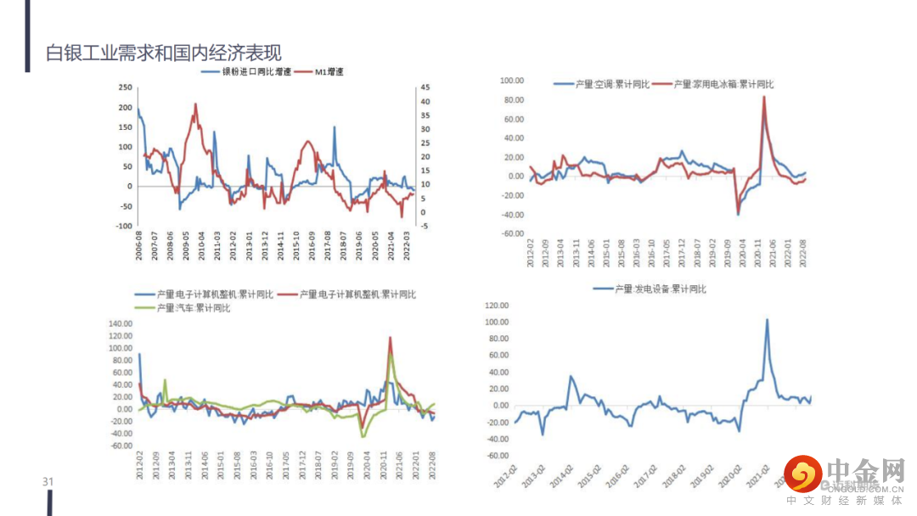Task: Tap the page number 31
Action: tap(48, 482)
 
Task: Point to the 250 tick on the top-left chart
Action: tap(125, 87)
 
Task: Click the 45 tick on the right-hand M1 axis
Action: tap(425, 87)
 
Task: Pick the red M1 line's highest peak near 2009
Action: tap(196, 104)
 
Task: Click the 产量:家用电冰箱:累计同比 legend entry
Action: tap(715, 84)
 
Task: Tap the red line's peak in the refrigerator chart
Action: tap(764, 97)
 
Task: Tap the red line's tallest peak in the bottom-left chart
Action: tap(391, 338)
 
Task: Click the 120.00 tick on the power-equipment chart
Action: tap(495, 306)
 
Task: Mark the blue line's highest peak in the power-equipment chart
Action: tap(767, 320)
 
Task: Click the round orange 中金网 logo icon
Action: tap(802, 474)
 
